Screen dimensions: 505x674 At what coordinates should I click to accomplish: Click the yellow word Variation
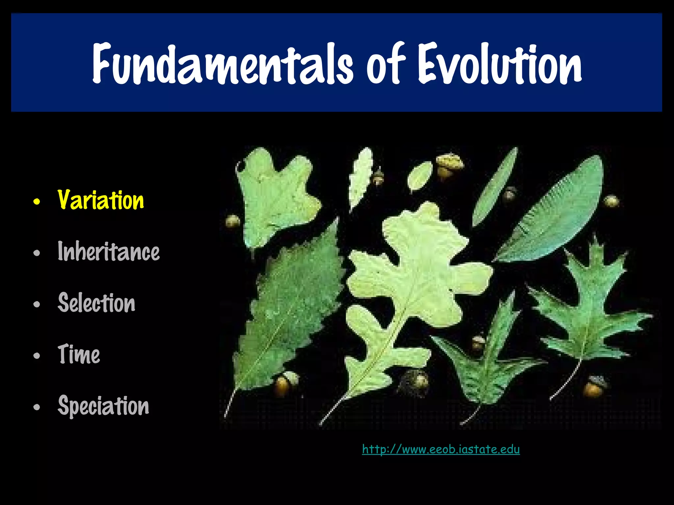pyautogui.click(x=101, y=200)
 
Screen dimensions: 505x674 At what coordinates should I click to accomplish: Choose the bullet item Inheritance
pyautogui.click(x=109, y=252)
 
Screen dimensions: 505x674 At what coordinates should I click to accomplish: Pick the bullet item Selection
pyautogui.click(x=96, y=303)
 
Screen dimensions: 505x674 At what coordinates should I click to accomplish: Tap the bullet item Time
pyautogui.click(x=79, y=354)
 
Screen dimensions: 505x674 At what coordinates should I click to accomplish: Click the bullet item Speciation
pyautogui.click(x=103, y=406)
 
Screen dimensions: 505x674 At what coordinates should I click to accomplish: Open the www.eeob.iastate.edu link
pyautogui.click(x=441, y=449)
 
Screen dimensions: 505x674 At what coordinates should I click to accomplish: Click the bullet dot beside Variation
pyautogui.click(x=37, y=201)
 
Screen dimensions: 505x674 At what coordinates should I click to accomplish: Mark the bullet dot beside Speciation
pyautogui.click(x=37, y=407)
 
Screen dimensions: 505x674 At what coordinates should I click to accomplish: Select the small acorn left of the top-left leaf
pyautogui.click(x=233, y=221)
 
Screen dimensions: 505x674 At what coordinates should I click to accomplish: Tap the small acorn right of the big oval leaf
pyautogui.click(x=611, y=201)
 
